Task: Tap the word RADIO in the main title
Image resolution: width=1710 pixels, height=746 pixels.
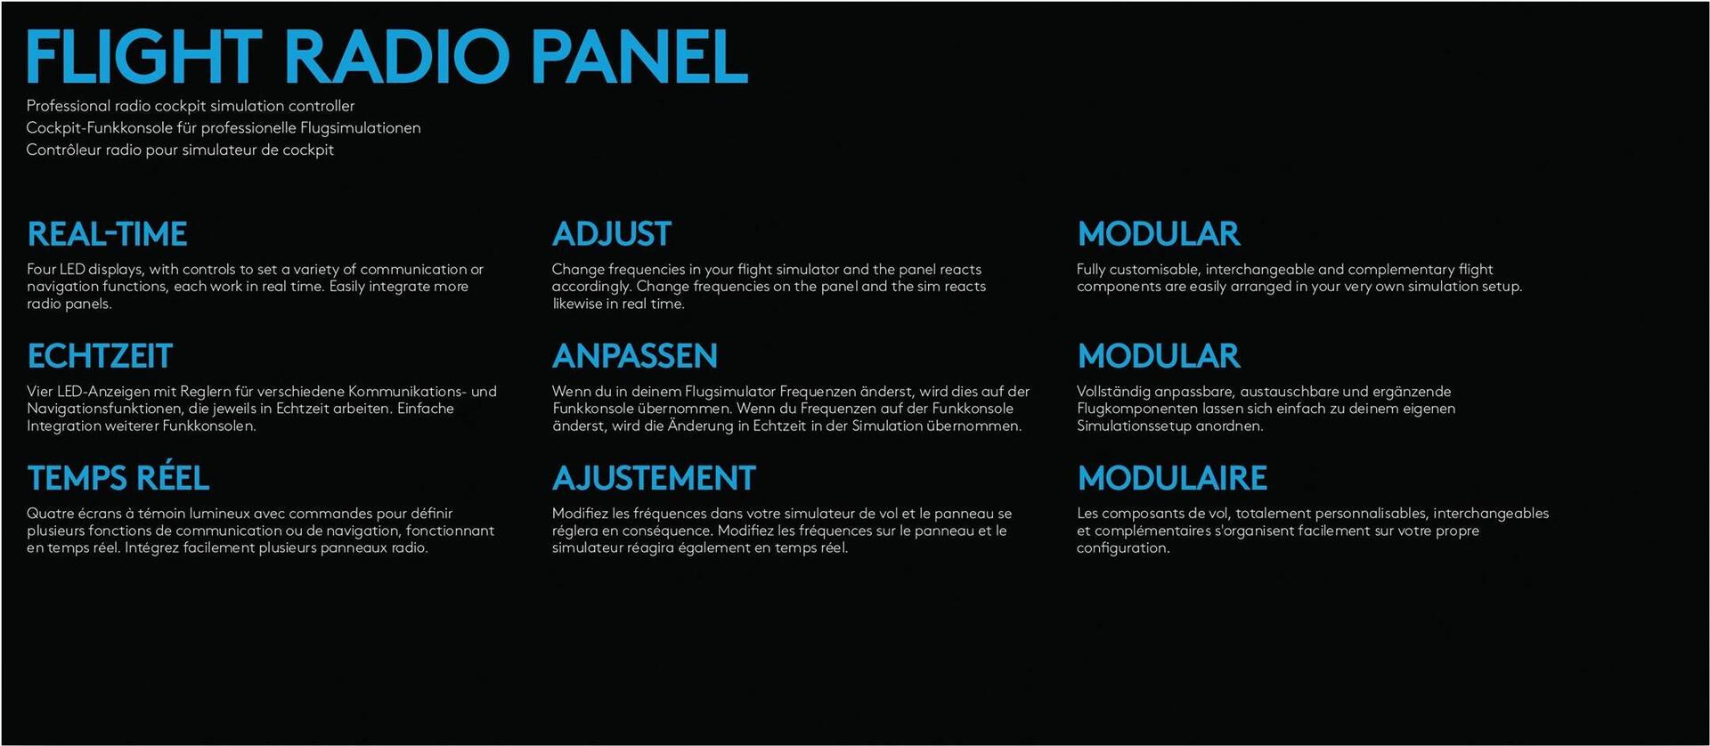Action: click(396, 56)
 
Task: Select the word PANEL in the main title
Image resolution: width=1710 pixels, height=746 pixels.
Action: click(639, 56)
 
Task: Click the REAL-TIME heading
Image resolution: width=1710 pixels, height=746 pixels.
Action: click(107, 234)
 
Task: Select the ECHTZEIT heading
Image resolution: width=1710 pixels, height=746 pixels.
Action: click(100, 356)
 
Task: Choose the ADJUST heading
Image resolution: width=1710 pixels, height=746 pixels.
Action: click(612, 234)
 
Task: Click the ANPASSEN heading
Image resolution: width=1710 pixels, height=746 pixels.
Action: click(635, 356)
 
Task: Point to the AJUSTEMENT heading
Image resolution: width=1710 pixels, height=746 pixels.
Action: click(654, 478)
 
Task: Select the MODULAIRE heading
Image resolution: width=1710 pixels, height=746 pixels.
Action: click(1172, 478)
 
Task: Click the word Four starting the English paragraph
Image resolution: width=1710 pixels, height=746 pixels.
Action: click(41, 269)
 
